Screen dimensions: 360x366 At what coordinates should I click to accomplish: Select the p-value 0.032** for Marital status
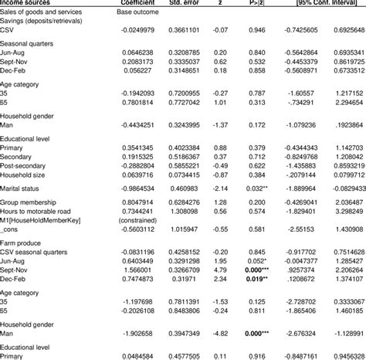pyautogui.click(x=260, y=187)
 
